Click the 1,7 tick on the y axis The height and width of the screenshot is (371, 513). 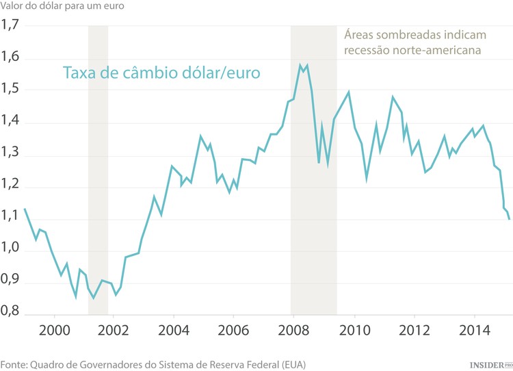pyautogui.click(x=10, y=27)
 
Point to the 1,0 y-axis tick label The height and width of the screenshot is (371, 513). pyautogui.click(x=10, y=251)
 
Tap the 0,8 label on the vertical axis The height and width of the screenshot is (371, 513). pyautogui.click(x=10, y=315)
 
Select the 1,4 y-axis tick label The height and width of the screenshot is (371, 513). pyautogui.click(x=10, y=123)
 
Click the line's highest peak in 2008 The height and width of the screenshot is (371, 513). pyautogui.click(x=300, y=65)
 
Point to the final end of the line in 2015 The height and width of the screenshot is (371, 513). pyautogui.click(x=510, y=219)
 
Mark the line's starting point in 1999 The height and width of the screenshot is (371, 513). pyautogui.click(x=25, y=209)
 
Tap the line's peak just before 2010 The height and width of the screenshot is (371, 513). pyautogui.click(x=349, y=92)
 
